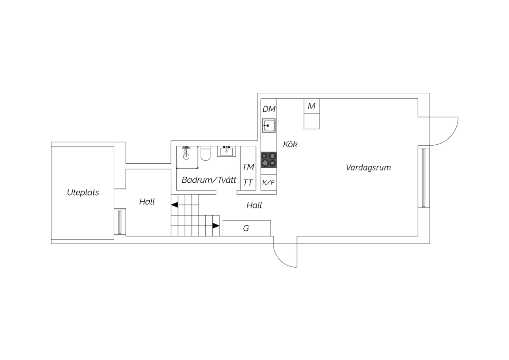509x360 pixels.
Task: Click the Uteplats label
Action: (x=83, y=193)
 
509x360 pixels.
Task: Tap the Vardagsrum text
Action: (x=368, y=168)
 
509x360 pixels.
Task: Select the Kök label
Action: (x=290, y=144)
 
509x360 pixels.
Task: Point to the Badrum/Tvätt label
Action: (x=209, y=180)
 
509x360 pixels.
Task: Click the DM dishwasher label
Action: (x=269, y=109)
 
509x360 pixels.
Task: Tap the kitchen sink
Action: (x=269, y=125)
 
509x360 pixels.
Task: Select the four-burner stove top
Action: (x=269, y=160)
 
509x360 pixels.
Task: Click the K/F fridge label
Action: (x=268, y=182)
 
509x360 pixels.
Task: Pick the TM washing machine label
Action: (x=248, y=167)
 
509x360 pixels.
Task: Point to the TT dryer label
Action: (x=248, y=182)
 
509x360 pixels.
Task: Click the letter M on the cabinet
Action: (x=312, y=106)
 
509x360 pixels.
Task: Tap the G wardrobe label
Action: (x=246, y=228)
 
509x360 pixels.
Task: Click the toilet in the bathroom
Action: (x=206, y=154)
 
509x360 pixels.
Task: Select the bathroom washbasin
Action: (x=227, y=151)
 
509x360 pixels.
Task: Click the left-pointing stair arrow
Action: (x=174, y=205)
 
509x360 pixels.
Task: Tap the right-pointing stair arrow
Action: (x=216, y=226)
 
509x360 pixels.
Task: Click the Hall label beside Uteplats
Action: (x=147, y=202)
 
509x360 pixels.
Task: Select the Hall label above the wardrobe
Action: (x=254, y=205)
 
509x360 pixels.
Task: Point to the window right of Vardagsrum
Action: (x=424, y=178)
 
